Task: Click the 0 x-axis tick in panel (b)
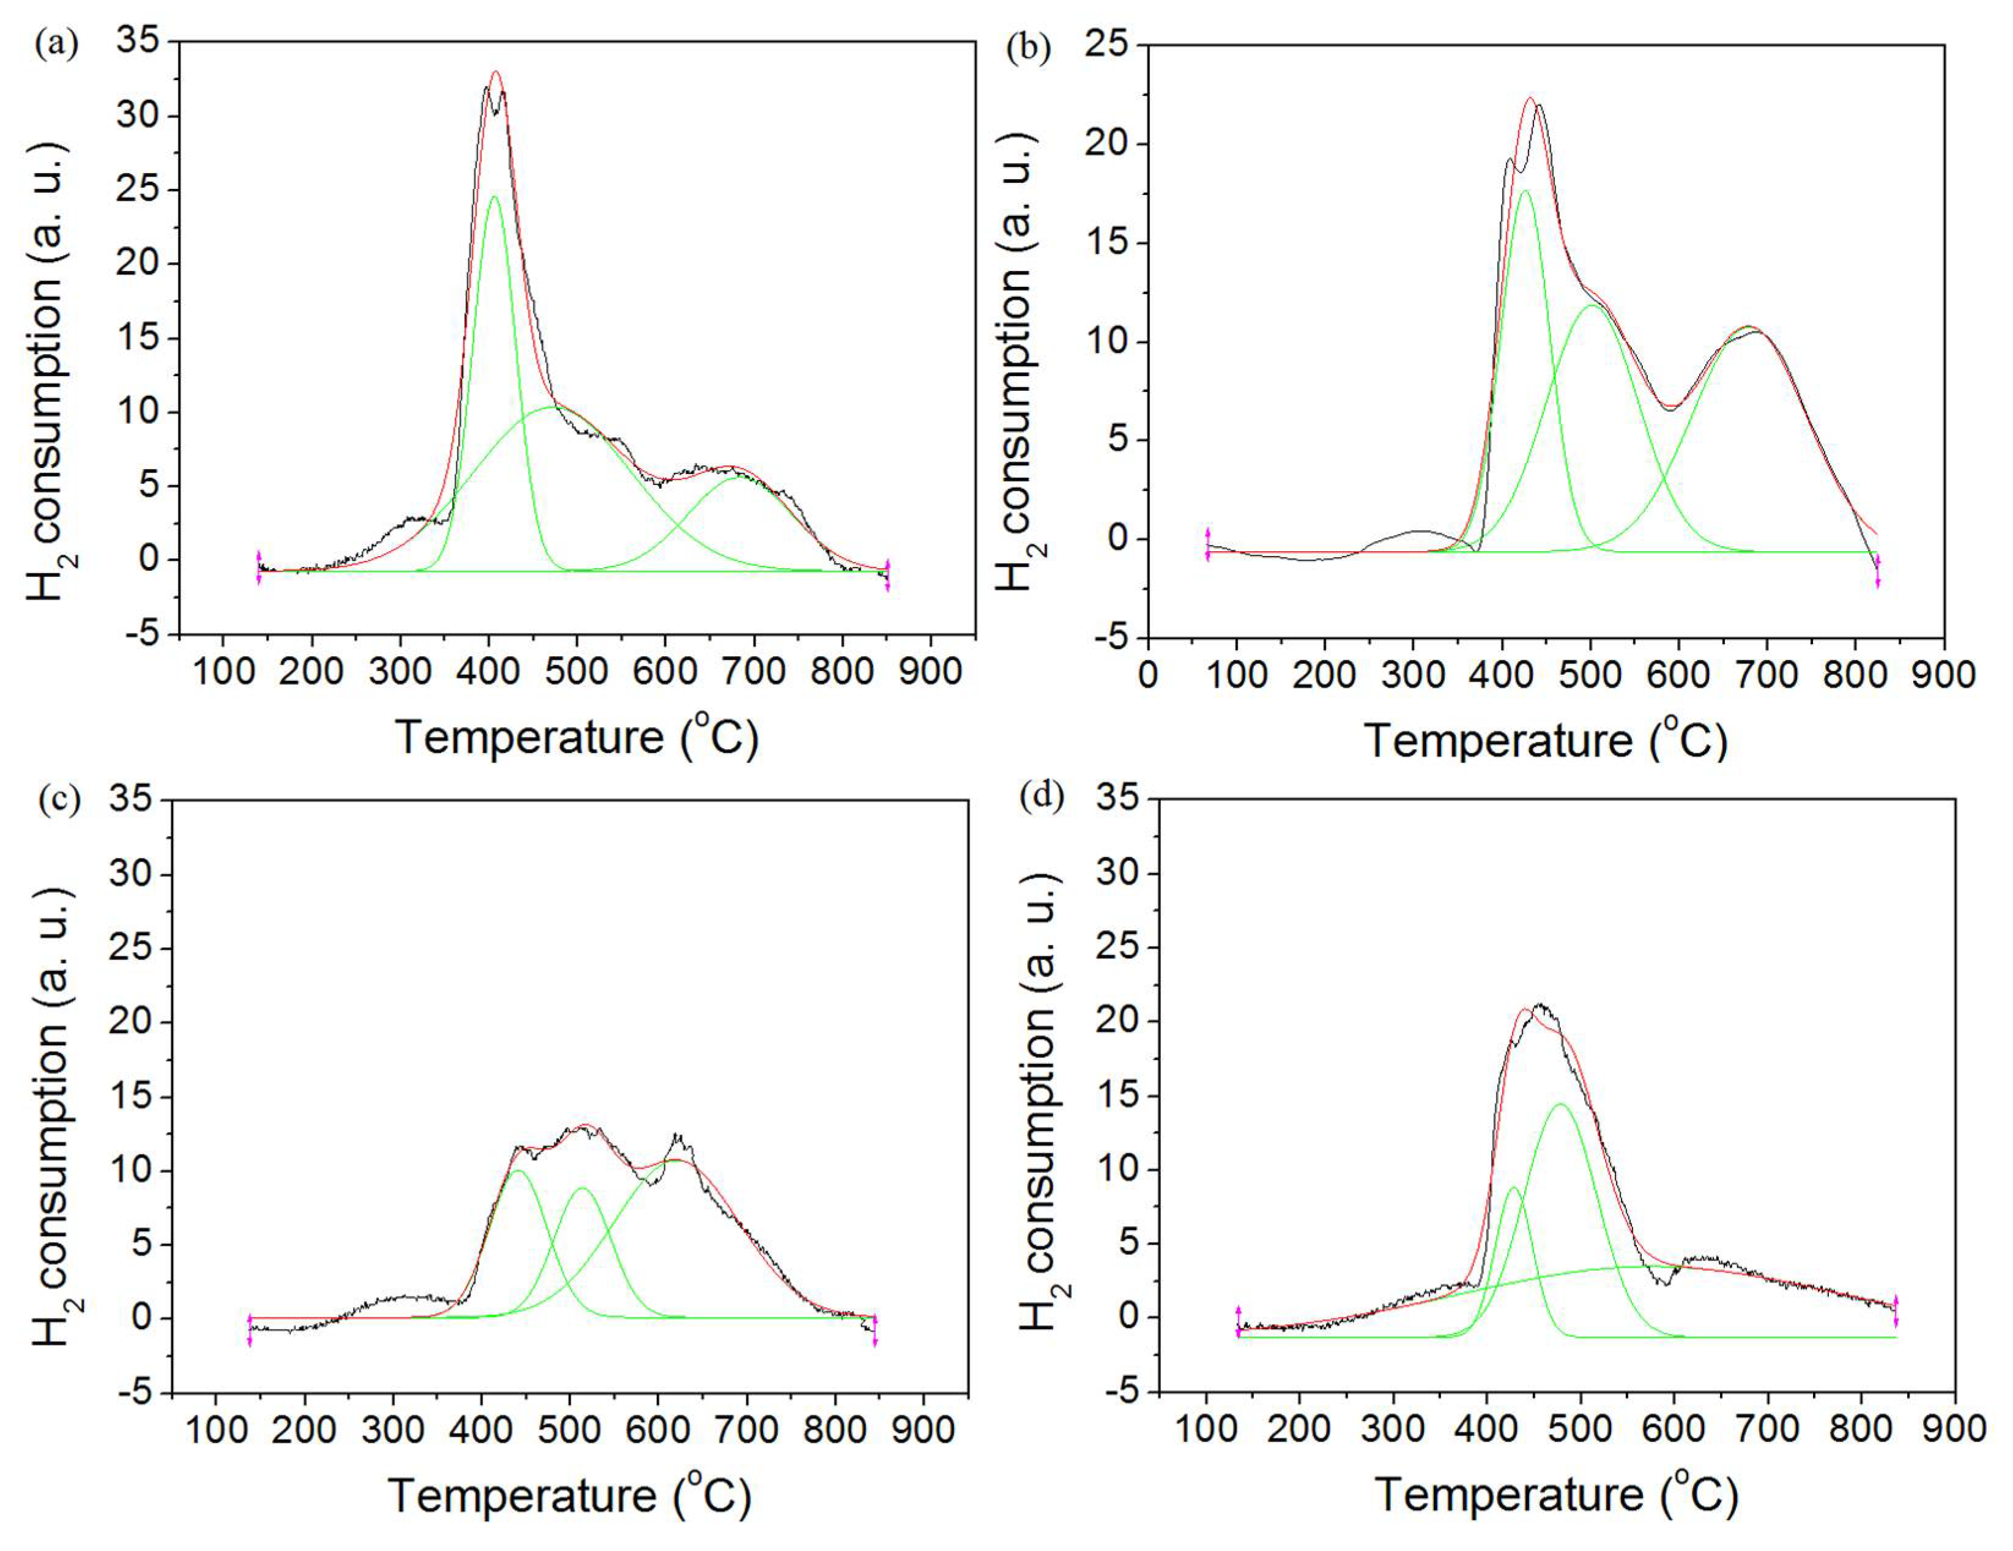click(x=1147, y=676)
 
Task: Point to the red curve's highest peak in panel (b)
click(x=1530, y=98)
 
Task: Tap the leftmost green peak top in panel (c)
click(x=517, y=1171)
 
